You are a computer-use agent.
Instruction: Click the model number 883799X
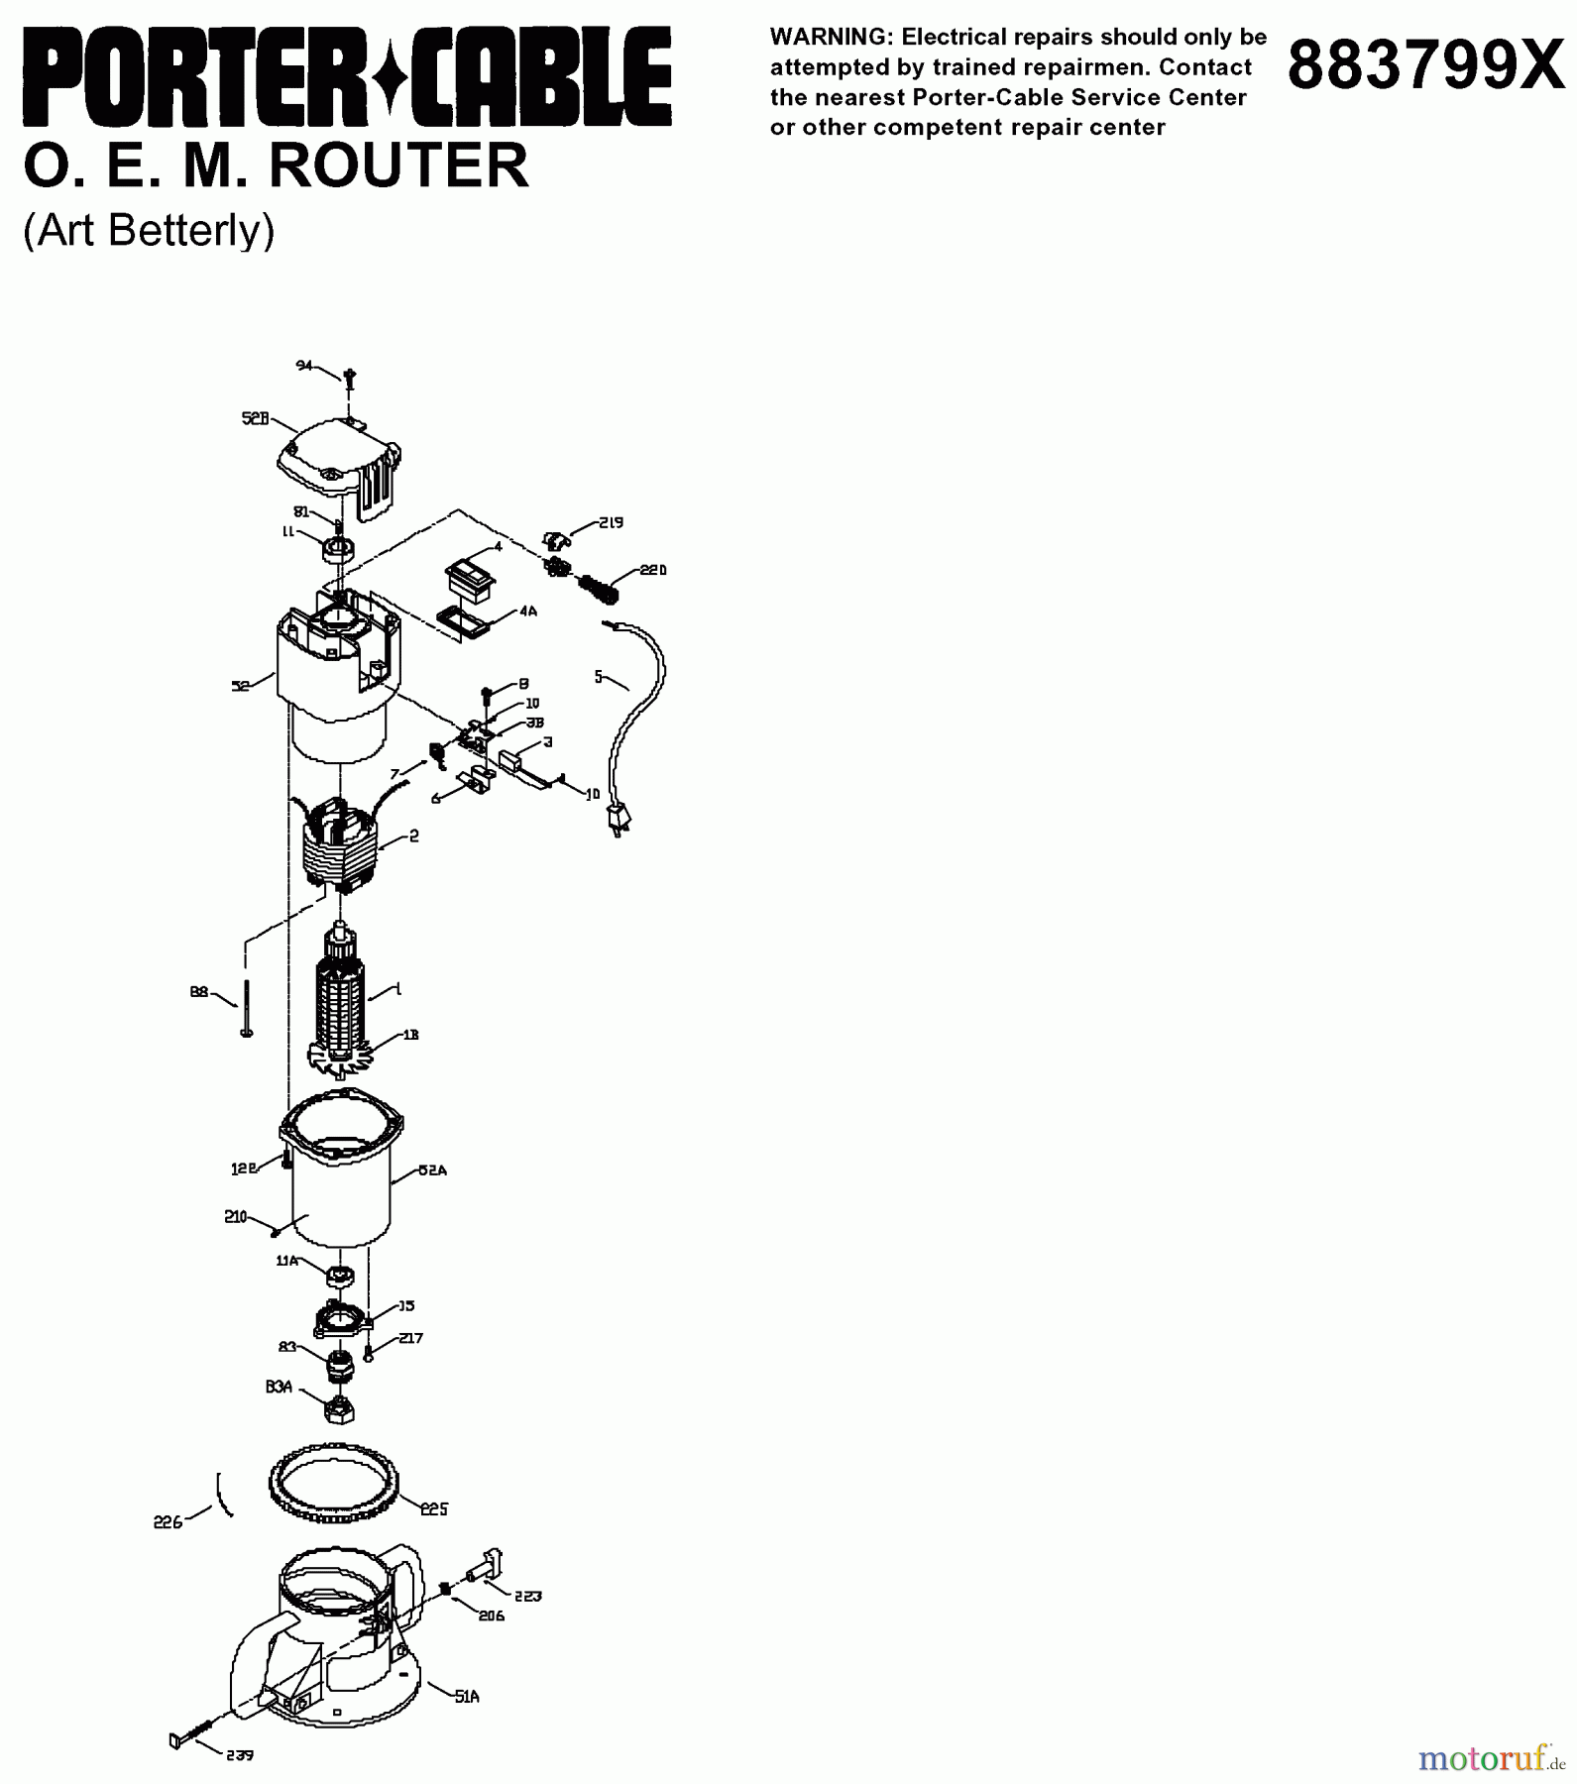(x=1424, y=65)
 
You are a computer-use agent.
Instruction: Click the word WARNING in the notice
(x=829, y=38)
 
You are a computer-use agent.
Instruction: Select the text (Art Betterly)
(x=149, y=230)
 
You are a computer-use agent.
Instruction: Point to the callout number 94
(x=304, y=366)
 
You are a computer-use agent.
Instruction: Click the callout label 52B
(x=255, y=418)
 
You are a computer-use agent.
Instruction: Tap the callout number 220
(x=653, y=570)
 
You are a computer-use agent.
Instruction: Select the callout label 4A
(x=527, y=612)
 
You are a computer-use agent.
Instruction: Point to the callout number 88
(x=199, y=990)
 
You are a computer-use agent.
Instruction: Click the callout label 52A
(x=432, y=1170)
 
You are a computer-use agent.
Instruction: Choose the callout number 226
(x=168, y=1522)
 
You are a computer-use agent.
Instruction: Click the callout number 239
(x=239, y=1755)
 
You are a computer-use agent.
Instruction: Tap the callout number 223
(x=528, y=1597)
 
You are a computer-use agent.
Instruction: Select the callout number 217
(x=410, y=1338)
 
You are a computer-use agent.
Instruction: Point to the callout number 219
(x=611, y=522)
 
